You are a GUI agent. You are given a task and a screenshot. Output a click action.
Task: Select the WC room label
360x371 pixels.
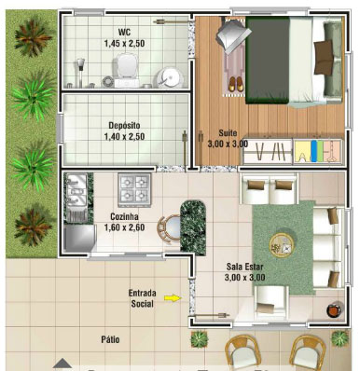[124, 33]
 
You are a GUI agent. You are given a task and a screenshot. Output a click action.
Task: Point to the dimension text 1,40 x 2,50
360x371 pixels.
[124, 136]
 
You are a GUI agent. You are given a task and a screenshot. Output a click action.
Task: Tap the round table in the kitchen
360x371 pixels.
[171, 228]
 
